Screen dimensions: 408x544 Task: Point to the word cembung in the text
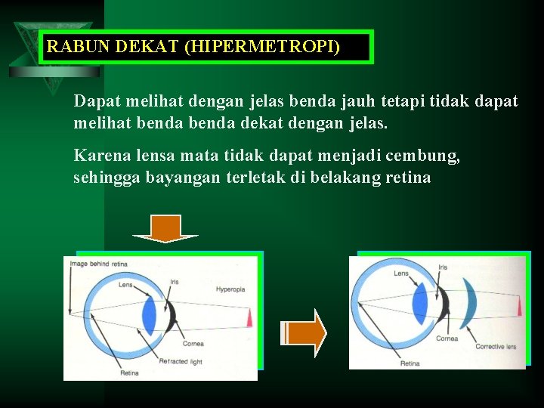tap(422, 156)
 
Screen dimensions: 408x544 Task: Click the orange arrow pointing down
tap(165, 228)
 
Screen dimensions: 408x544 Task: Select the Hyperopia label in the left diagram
tap(230, 289)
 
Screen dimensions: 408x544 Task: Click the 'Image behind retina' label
tap(98, 264)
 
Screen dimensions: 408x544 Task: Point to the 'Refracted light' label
tap(181, 362)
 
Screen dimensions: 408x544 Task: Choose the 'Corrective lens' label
tap(496, 347)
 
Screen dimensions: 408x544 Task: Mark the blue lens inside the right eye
tap(420, 306)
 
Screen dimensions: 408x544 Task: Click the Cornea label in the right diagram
tap(447, 338)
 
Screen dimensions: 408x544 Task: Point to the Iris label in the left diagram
tap(174, 282)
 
